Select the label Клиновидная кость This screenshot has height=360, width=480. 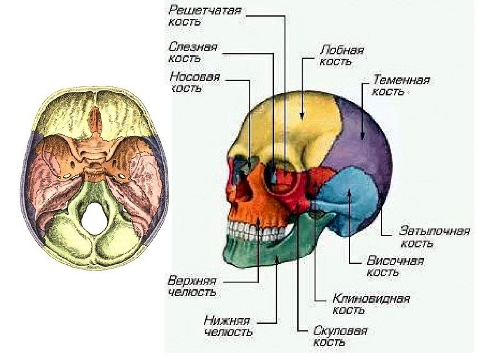(371, 304)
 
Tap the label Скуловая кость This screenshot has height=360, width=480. (340, 336)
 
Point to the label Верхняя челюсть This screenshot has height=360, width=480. (192, 286)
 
